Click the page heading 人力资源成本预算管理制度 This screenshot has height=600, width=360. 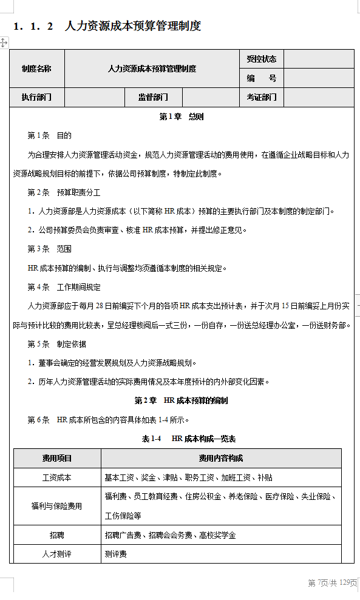tap(132, 26)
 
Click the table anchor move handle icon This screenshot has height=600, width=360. tap(4, 42)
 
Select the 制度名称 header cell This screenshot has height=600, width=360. tap(36, 69)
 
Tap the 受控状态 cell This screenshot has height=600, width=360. tap(262, 59)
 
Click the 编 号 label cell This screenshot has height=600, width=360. tap(262, 78)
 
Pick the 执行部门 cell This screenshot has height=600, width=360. tap(36, 97)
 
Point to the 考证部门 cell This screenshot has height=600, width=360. tap(262, 97)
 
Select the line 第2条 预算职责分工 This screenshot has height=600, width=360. tap(55, 192)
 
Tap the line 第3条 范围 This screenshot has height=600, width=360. tap(49, 249)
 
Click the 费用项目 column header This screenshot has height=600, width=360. tap(57, 458)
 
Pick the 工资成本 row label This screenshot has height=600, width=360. tap(57, 477)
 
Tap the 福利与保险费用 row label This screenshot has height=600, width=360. tap(57, 506)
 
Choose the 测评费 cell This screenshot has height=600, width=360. tap(116, 554)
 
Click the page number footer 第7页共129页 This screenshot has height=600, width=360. tap(333, 583)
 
